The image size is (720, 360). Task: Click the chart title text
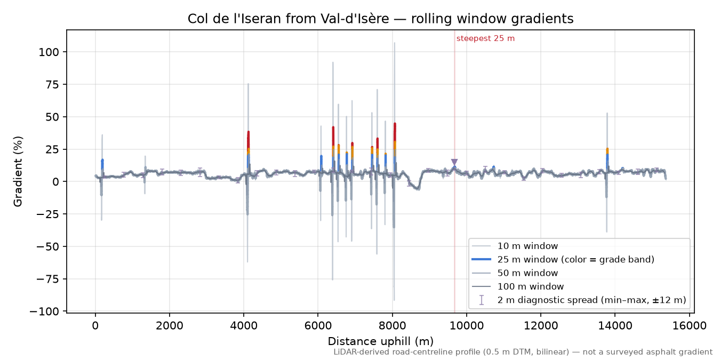click(381, 19)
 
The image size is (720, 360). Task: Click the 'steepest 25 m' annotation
click(485, 38)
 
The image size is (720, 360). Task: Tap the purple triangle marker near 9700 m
click(454, 162)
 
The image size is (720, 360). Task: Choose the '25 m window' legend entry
click(563, 259)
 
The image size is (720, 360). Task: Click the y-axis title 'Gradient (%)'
click(18, 171)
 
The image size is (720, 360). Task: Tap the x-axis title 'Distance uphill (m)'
click(381, 341)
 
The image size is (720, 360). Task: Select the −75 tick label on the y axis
click(47, 279)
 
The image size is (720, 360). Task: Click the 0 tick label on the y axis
click(56, 182)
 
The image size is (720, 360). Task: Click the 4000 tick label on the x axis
click(244, 326)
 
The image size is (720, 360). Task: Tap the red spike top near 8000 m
click(395, 124)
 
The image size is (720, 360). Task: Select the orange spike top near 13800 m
click(607, 149)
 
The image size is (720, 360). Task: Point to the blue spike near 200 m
click(102, 164)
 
